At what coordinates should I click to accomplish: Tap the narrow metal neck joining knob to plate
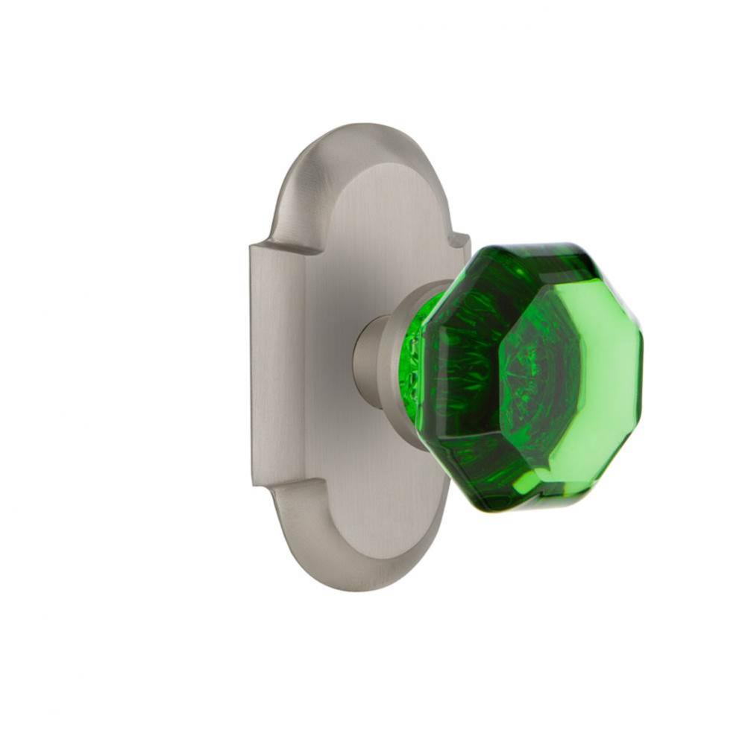pyautogui.click(x=367, y=359)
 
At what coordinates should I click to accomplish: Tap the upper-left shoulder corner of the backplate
pyautogui.click(x=254, y=246)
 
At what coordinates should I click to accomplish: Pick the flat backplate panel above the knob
pyautogui.click(x=373, y=223)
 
